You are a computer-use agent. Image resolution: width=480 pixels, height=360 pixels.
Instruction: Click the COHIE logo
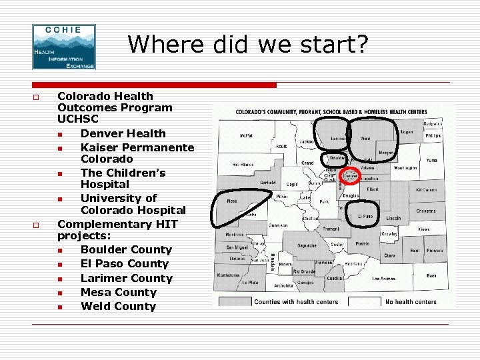pos(64,47)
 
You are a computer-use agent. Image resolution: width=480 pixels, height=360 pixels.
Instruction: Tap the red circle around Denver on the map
pos(351,177)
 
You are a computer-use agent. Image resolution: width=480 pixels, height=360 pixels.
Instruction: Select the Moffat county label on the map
pos(247,135)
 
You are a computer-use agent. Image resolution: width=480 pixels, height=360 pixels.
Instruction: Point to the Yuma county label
pos(432,161)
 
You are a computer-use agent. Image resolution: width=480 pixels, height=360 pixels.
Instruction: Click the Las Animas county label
pos(383,278)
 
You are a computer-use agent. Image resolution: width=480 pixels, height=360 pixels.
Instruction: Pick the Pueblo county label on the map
pos(362,244)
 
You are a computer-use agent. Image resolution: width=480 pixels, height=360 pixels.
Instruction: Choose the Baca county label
pos(431,275)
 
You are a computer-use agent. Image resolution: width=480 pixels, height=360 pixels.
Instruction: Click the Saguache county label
pos(307,246)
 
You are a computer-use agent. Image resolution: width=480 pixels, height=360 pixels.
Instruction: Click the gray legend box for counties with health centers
pos(236,302)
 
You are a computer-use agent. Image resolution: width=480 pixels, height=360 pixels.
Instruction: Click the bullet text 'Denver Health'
pos(123,133)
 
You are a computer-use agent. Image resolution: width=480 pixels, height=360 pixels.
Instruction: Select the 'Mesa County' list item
pos(119,292)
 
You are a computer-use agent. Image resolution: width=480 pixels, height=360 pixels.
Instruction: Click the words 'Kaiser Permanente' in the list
pos(137,147)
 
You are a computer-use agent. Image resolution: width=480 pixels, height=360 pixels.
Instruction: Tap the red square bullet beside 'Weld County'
pos(60,307)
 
